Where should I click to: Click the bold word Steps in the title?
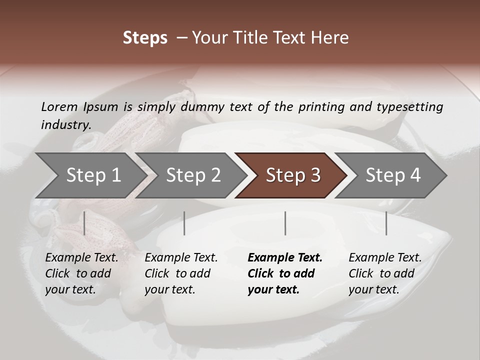[145, 38]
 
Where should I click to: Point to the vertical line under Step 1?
[84, 223]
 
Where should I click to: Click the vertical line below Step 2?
[184, 223]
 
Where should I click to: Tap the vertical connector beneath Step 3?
[285, 223]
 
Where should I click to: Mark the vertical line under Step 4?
[386, 223]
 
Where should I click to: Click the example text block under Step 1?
[81, 273]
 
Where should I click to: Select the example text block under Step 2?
[181, 273]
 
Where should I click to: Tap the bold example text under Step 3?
[284, 273]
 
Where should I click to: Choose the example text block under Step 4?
[385, 273]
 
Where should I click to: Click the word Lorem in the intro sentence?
[59, 107]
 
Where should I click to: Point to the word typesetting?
[410, 107]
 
